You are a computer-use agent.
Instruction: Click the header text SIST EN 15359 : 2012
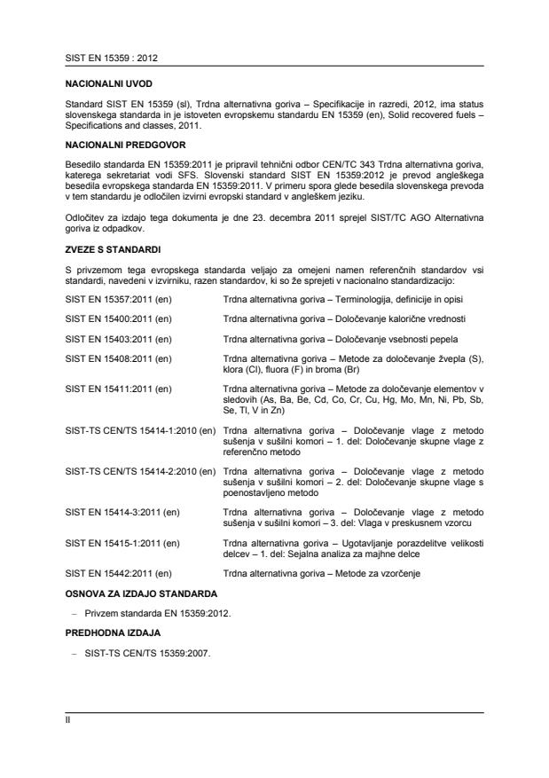[x=105, y=58]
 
